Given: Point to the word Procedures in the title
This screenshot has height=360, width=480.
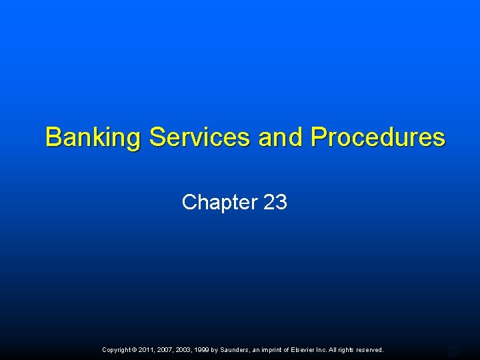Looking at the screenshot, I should tap(377, 137).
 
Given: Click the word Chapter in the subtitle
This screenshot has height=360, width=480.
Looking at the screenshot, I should tap(219, 202).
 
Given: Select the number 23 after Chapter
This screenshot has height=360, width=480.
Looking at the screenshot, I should tap(275, 202).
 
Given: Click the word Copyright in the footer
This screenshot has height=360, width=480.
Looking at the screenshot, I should tap(117, 349).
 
